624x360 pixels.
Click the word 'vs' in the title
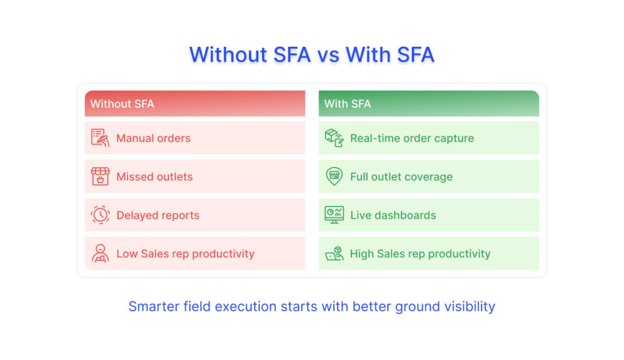[x=328, y=55]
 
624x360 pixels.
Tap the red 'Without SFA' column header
[x=195, y=104]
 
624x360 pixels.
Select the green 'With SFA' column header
[x=428, y=104]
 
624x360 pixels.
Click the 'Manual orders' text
[x=153, y=138]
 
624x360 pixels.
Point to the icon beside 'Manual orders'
[x=100, y=138]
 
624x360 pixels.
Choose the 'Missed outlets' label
[x=154, y=177]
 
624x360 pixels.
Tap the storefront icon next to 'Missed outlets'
[x=101, y=176]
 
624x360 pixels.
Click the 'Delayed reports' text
[x=158, y=215]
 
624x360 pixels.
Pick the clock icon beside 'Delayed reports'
[x=101, y=215]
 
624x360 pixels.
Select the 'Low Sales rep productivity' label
[x=185, y=254]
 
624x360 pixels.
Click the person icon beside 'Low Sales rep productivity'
[x=101, y=253]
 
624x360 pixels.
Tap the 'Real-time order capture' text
[x=412, y=138]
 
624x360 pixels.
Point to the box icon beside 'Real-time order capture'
[x=334, y=138]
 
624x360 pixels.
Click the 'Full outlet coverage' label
[x=401, y=177]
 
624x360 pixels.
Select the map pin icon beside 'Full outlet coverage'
[x=335, y=176]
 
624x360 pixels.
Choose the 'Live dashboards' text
[x=393, y=215]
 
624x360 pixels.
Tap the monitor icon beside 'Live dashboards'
[x=335, y=215]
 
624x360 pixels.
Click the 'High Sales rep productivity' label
[x=420, y=254]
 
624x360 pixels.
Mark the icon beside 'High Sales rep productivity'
[x=335, y=253]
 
